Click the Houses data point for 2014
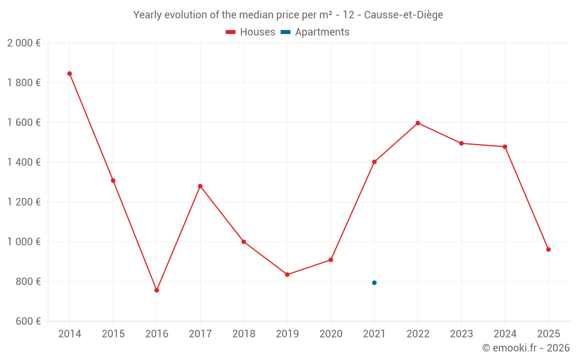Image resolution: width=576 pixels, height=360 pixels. click(x=70, y=74)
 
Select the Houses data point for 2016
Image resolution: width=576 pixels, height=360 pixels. click(x=157, y=290)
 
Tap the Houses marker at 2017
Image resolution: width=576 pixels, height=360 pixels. click(x=200, y=186)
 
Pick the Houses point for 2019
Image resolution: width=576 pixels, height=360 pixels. click(x=287, y=275)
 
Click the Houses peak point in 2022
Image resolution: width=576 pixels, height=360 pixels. click(x=418, y=123)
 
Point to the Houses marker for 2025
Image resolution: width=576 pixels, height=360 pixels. click(x=548, y=249)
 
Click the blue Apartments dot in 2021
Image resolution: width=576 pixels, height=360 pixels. click(x=374, y=283)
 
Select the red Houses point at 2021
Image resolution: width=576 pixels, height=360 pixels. click(x=374, y=162)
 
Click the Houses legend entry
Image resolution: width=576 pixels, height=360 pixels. click(x=251, y=32)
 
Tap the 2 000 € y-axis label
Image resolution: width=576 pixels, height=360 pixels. click(x=24, y=43)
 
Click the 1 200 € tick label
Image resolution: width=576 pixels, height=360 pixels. click(x=24, y=202)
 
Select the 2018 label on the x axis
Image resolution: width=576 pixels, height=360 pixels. click(x=244, y=334)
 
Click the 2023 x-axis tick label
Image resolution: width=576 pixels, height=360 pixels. click(x=461, y=334)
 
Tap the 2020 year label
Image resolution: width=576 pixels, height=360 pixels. click(x=331, y=334)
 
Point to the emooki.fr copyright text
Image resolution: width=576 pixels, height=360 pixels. click(x=526, y=348)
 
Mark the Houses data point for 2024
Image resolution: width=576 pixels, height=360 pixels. click(x=505, y=147)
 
